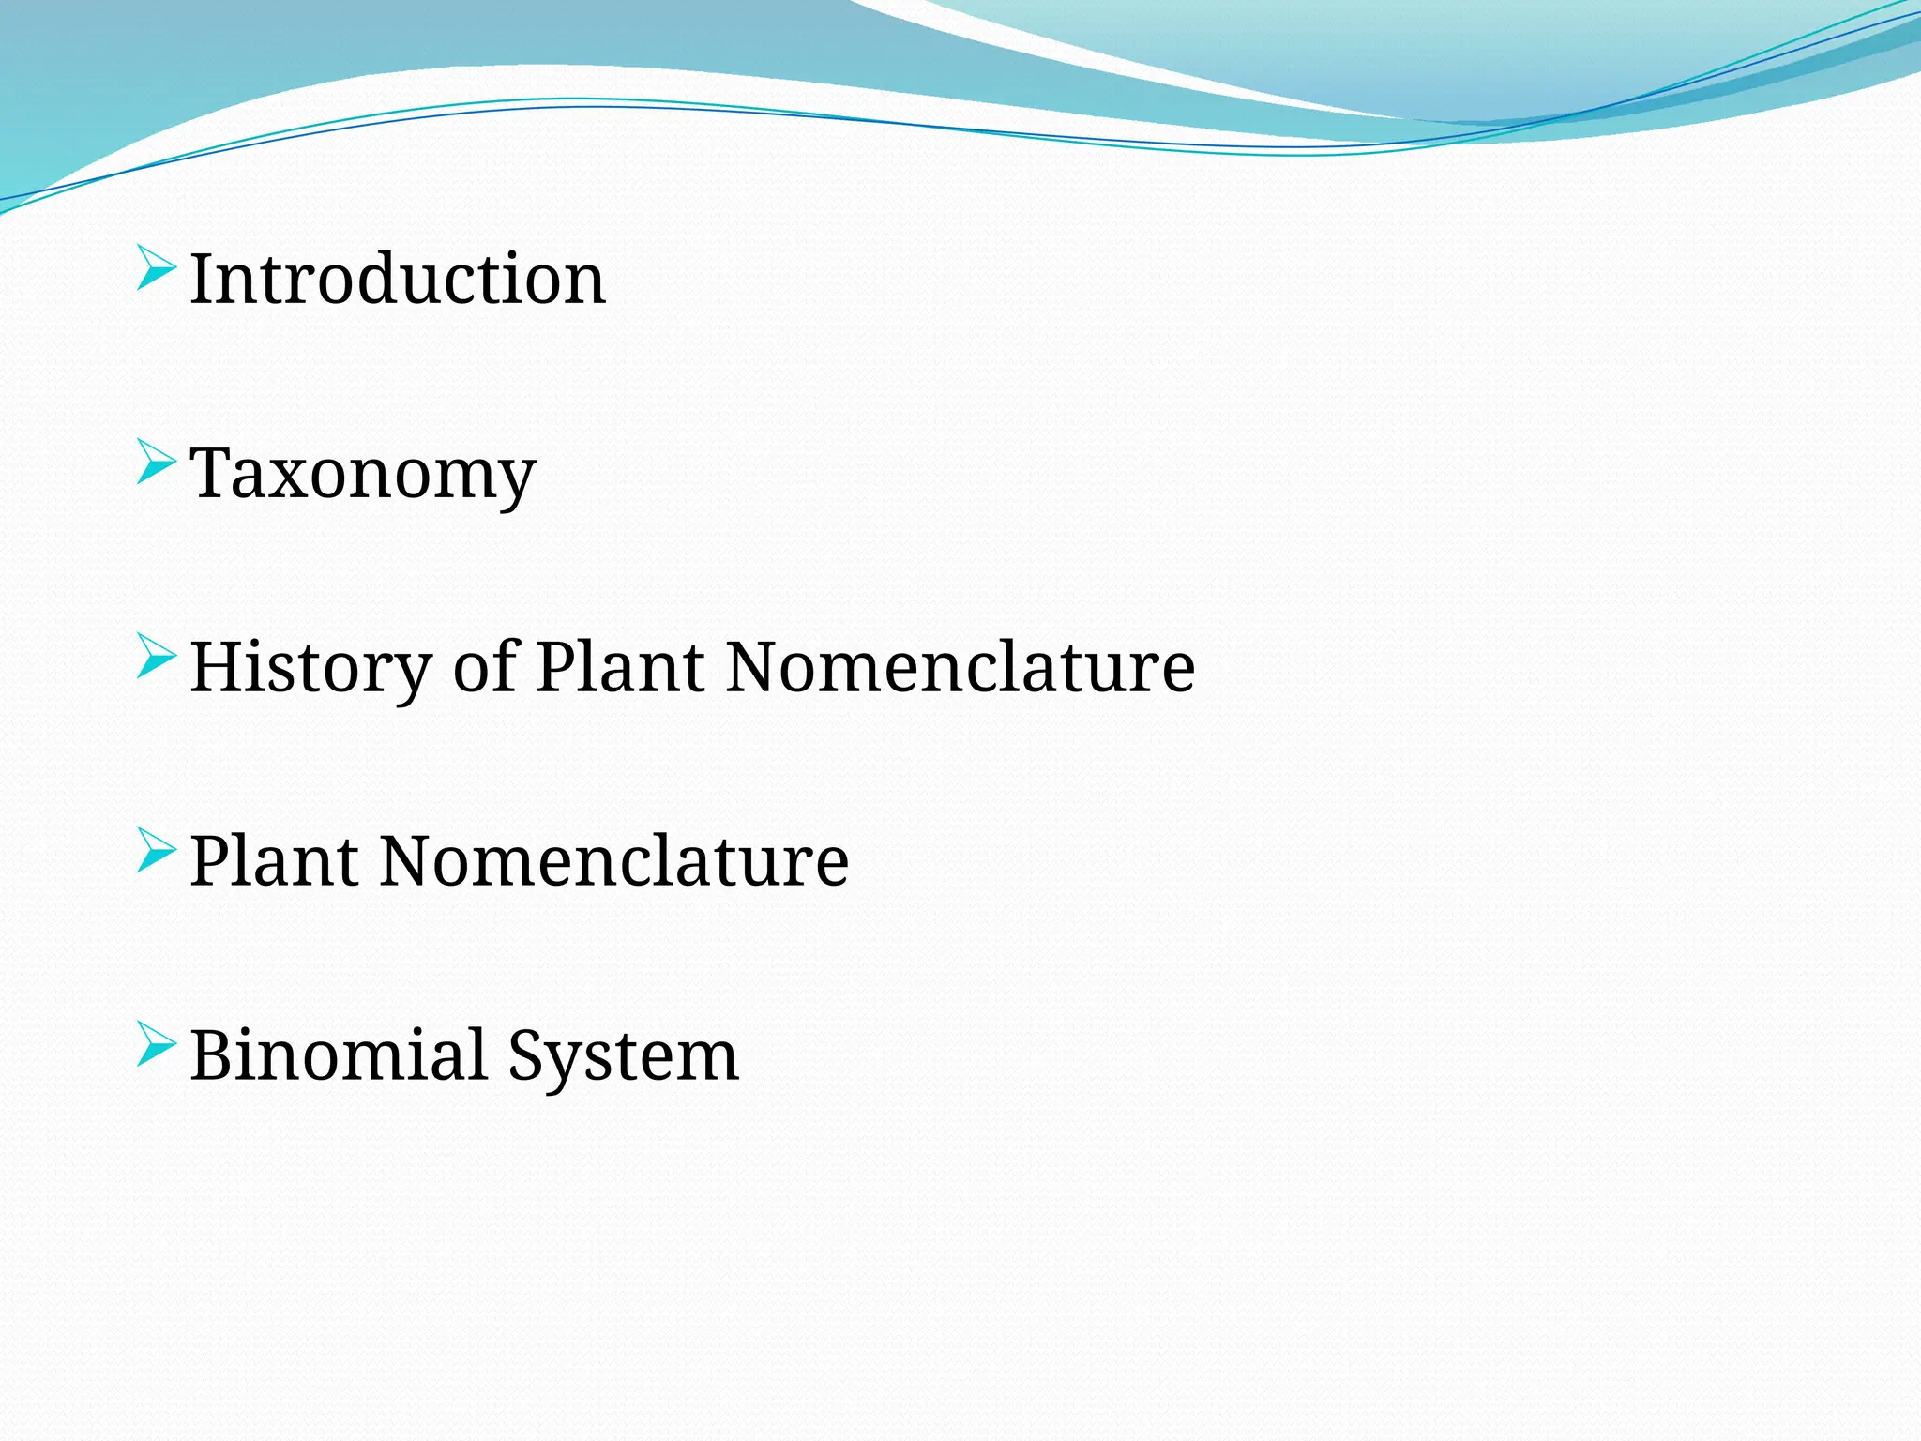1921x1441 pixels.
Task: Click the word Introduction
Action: click(398, 279)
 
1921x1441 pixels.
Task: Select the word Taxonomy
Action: click(362, 475)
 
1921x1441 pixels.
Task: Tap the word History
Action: click(310, 668)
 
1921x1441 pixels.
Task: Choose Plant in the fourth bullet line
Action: click(274, 860)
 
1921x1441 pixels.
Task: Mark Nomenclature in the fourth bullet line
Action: click(614, 860)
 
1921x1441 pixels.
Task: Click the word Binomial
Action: click(339, 1054)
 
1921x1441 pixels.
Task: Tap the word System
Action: click(624, 1056)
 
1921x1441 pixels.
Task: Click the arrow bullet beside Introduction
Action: click(156, 268)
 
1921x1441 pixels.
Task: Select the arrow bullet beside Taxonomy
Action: click(156, 463)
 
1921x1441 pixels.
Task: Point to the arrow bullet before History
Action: click(156, 657)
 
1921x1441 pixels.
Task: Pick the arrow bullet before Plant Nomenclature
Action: click(156, 850)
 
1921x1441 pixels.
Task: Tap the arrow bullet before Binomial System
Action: click(156, 1044)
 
